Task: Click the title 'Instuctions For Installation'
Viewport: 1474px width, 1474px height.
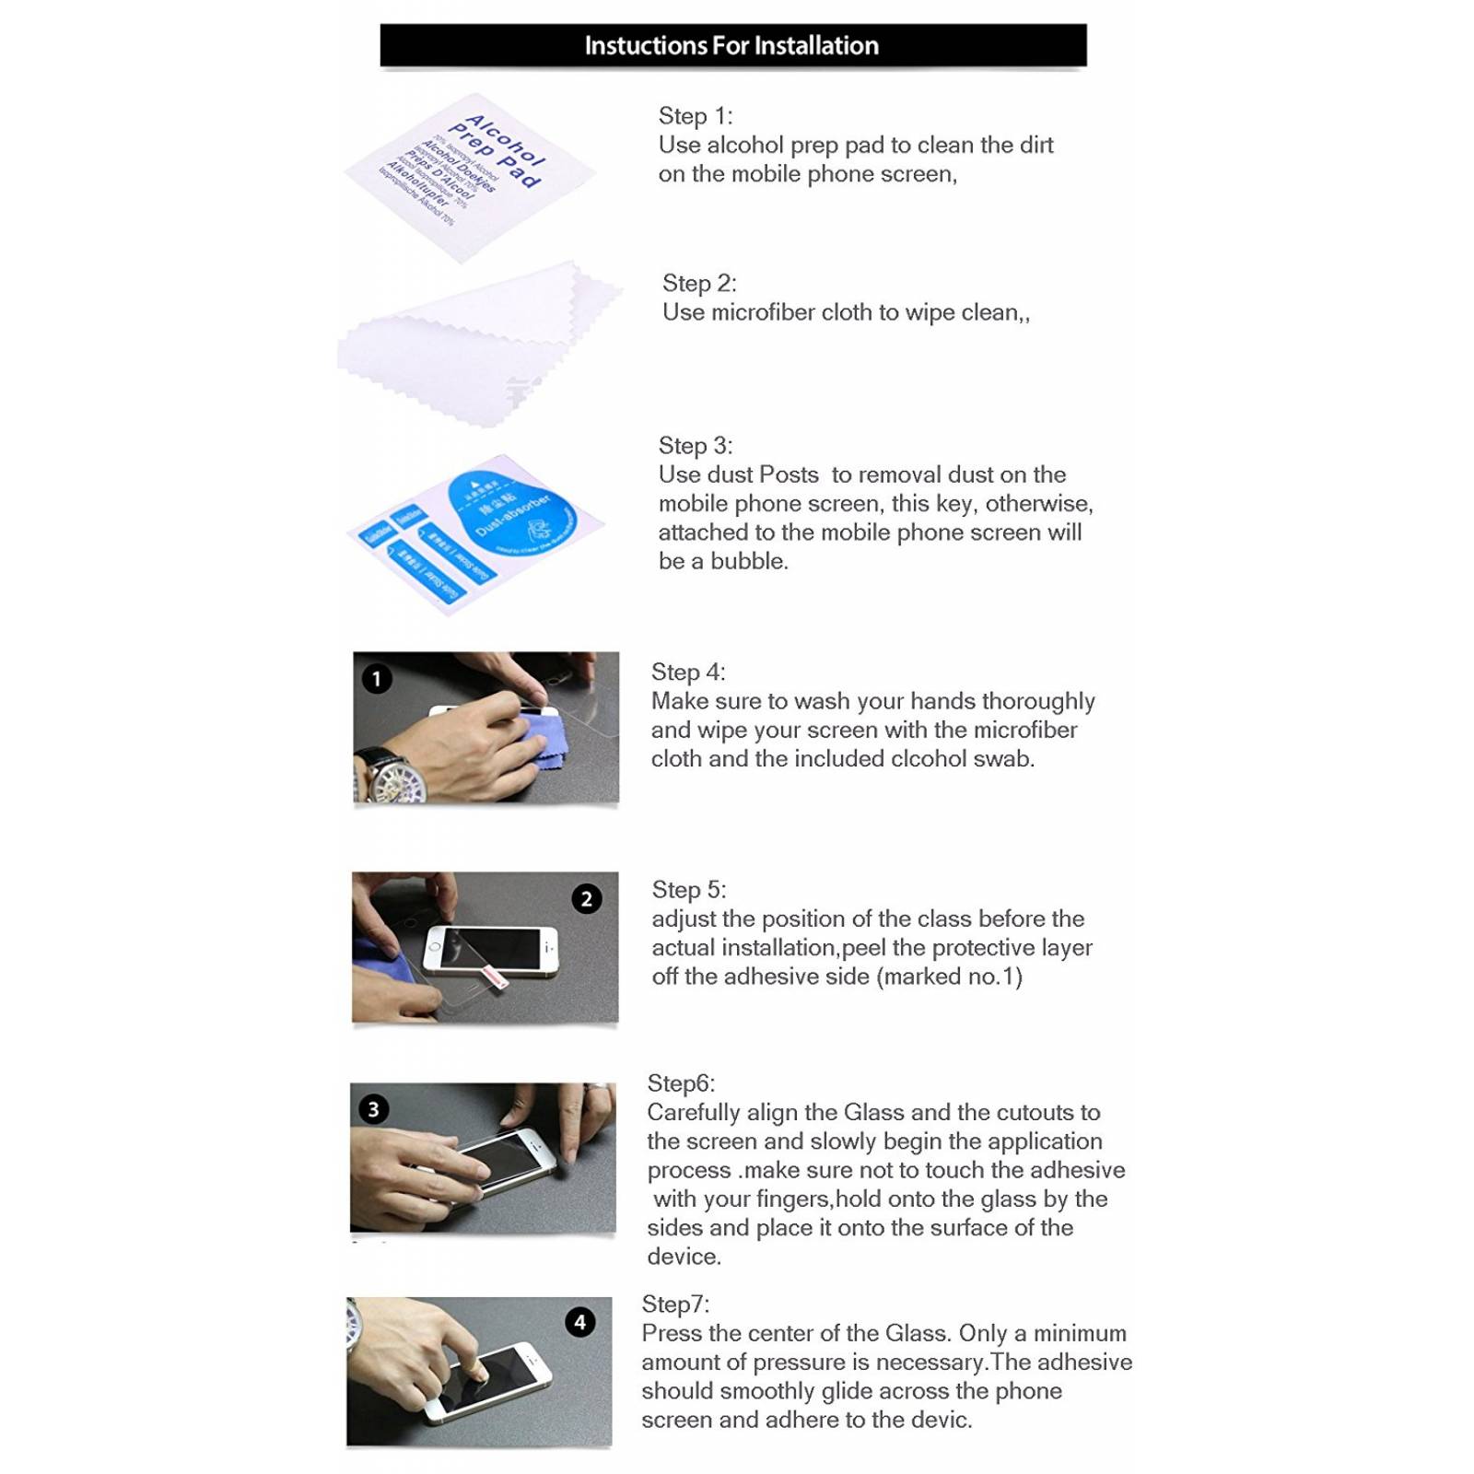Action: click(x=731, y=45)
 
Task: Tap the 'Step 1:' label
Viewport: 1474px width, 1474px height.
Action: click(x=695, y=116)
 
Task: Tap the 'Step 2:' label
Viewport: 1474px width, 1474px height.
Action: click(x=699, y=283)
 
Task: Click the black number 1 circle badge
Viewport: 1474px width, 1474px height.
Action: click(x=376, y=679)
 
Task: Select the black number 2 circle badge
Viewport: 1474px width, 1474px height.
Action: click(x=587, y=898)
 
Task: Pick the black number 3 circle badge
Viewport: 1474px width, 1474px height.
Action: click(x=373, y=1109)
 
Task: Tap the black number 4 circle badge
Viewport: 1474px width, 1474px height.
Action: click(x=579, y=1323)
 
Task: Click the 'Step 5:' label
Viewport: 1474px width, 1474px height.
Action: click(x=688, y=890)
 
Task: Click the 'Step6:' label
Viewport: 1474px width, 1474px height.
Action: click(x=680, y=1083)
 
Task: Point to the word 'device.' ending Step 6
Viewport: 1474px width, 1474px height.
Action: click(x=684, y=1257)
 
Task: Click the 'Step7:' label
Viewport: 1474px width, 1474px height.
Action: click(x=674, y=1304)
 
